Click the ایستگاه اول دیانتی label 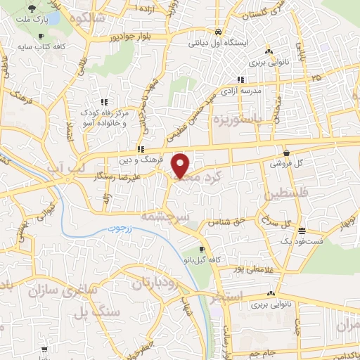(x=219, y=43)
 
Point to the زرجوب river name (x=121, y=229)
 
